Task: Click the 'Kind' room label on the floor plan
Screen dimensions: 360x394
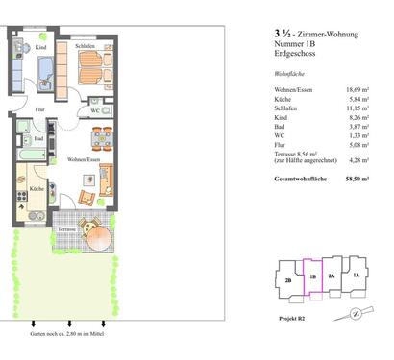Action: pyautogui.click(x=39, y=46)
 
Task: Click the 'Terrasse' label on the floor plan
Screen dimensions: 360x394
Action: pyautogui.click(x=65, y=231)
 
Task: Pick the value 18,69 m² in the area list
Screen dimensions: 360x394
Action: pyautogui.click(x=357, y=89)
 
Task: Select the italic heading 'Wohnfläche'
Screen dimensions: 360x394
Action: pyautogui.click(x=290, y=73)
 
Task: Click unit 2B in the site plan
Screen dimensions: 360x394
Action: pyautogui.click(x=289, y=281)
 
